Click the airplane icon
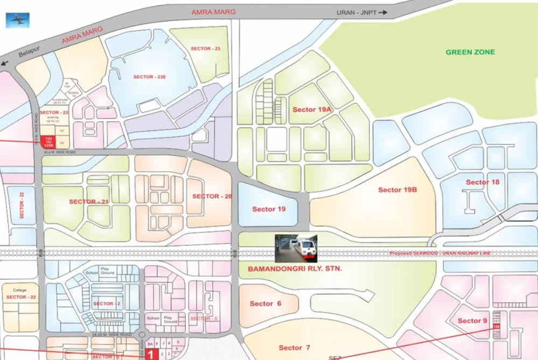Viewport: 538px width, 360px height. (x=17, y=20)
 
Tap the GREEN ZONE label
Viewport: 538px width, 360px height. (x=470, y=52)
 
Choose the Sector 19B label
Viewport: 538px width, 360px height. (x=398, y=190)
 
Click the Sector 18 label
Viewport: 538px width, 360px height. (x=483, y=182)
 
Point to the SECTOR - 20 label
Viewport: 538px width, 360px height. (x=212, y=196)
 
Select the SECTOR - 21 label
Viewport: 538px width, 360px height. (x=89, y=202)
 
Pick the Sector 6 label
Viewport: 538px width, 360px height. (x=265, y=304)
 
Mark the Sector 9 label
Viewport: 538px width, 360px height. (x=472, y=321)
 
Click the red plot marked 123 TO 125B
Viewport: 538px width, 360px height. (x=48, y=142)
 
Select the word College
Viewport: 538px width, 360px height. (x=19, y=290)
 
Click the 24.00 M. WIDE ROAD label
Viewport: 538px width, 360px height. (x=113, y=335)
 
